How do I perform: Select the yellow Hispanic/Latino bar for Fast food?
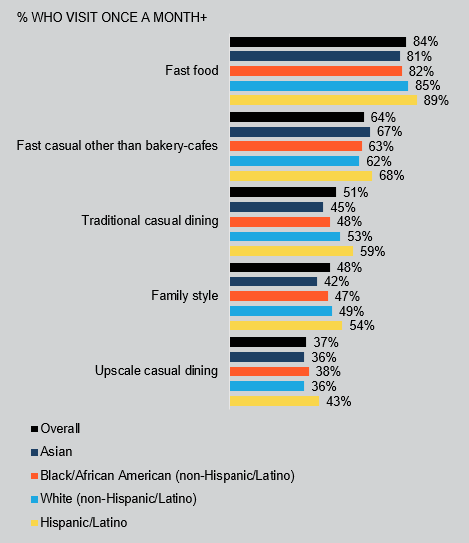(x=323, y=100)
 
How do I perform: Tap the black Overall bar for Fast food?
(x=317, y=41)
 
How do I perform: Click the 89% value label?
(x=436, y=100)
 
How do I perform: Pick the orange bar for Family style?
(x=278, y=296)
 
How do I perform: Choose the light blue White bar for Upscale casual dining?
(x=266, y=386)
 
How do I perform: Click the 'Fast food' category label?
(x=191, y=71)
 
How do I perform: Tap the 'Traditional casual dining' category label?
(x=150, y=221)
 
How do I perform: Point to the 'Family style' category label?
(x=184, y=296)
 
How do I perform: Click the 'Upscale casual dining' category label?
(x=156, y=371)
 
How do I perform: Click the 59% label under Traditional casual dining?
(x=372, y=251)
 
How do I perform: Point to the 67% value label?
(x=388, y=131)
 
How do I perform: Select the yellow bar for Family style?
(x=285, y=325)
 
